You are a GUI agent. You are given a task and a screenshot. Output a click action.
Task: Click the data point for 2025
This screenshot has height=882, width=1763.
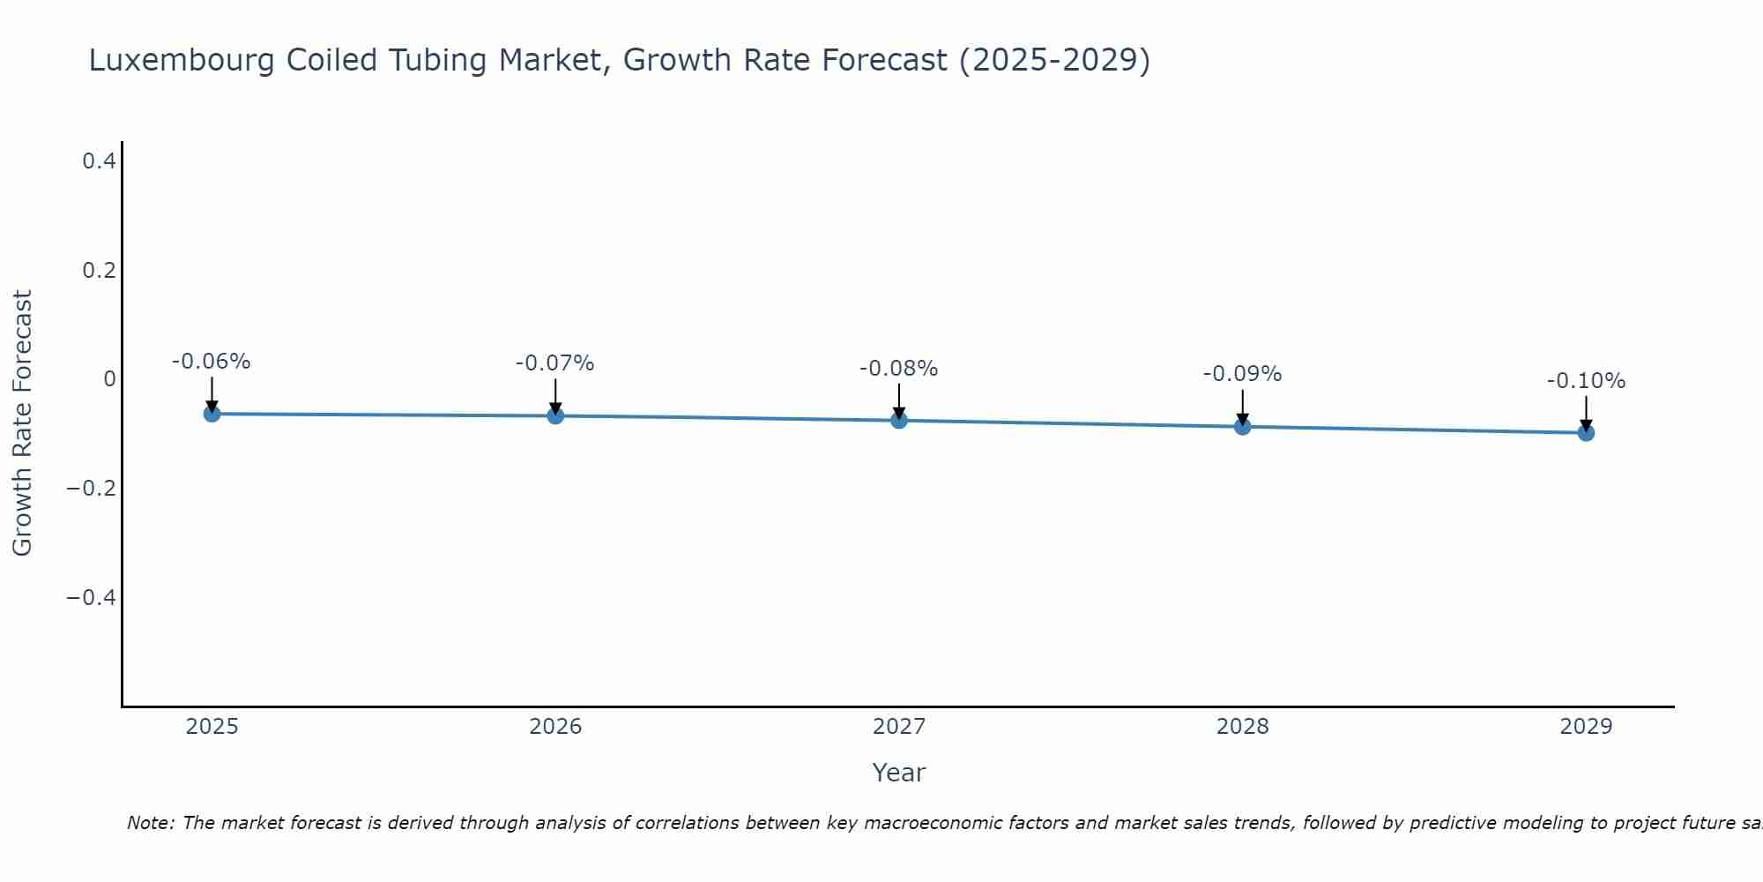[212, 414]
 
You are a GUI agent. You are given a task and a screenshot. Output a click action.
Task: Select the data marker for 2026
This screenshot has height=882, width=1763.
[555, 415]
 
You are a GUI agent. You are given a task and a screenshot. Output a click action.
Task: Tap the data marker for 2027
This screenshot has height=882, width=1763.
[899, 421]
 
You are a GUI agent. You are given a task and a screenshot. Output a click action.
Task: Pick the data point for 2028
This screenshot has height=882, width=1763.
[1242, 427]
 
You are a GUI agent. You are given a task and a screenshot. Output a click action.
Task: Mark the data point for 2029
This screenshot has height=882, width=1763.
[1586, 433]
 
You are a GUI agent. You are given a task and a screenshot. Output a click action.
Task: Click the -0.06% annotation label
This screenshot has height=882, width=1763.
[212, 362]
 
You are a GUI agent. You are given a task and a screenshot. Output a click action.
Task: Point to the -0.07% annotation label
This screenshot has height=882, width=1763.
[555, 363]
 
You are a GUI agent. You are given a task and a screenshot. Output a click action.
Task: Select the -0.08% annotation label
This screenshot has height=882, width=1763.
[899, 369]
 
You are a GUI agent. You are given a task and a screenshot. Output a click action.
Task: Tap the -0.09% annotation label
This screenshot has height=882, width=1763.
[1242, 374]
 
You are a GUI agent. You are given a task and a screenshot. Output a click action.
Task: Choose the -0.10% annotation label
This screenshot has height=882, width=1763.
[1586, 381]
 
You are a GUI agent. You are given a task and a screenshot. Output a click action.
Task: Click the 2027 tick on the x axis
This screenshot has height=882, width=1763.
[899, 727]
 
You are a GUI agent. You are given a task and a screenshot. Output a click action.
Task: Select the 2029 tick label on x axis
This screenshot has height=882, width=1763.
[1586, 727]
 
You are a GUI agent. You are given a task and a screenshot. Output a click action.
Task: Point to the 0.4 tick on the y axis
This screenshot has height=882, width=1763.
[99, 161]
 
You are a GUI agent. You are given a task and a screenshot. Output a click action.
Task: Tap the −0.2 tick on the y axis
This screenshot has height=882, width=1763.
[92, 489]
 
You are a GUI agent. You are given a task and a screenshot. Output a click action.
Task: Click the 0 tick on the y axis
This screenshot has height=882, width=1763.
[109, 379]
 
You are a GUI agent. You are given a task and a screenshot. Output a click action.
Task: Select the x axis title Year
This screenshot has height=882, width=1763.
[899, 773]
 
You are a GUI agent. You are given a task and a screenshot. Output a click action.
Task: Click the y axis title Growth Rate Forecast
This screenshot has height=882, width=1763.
[22, 423]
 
